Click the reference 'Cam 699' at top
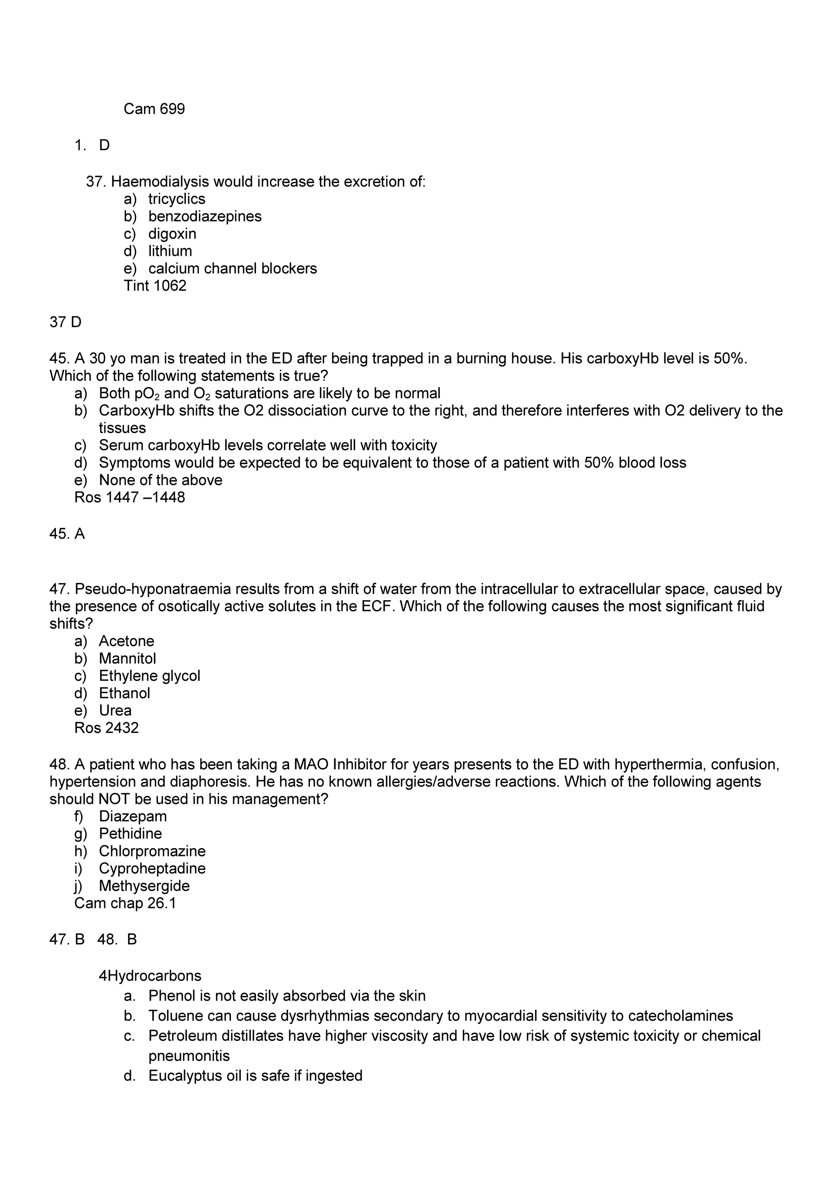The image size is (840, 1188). tap(154, 109)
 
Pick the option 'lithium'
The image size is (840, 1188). tap(170, 251)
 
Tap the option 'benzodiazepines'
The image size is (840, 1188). tap(205, 217)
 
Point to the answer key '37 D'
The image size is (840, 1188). tap(65, 322)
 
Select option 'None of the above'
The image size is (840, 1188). tap(160, 480)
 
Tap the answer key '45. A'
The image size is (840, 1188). tap(67, 534)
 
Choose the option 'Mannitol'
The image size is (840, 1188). tap(127, 659)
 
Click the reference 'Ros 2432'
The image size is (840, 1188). tap(107, 728)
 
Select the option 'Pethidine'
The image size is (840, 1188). tap(130, 833)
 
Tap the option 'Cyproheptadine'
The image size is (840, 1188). tap(152, 868)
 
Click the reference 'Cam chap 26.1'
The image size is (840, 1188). tap(125, 904)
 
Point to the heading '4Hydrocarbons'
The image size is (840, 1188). tap(150, 976)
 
